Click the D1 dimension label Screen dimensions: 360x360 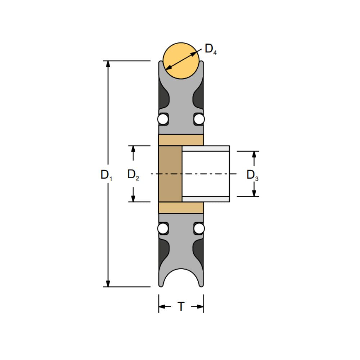click(106, 175)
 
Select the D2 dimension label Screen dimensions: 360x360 click(133, 175)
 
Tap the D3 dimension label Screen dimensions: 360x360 click(252, 175)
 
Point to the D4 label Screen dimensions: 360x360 click(211, 49)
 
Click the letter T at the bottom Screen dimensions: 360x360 click(181, 307)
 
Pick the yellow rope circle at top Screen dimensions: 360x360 click(181, 60)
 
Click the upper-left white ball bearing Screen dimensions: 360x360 click(163, 119)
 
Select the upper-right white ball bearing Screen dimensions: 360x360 click(199, 119)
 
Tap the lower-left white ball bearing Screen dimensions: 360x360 click(163, 228)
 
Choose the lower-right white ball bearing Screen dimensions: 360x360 click(199, 228)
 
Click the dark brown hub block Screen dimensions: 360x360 click(170, 174)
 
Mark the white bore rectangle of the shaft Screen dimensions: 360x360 click(206, 174)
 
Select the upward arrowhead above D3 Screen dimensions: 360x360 click(254, 154)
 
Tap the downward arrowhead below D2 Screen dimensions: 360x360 click(133, 198)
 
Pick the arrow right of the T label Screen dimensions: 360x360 click(199, 307)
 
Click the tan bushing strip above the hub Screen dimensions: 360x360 click(181, 140)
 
